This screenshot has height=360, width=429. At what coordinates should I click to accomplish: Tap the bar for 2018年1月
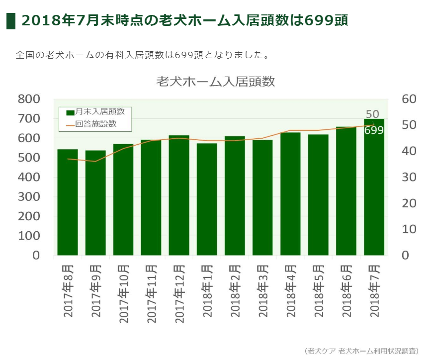click(207, 199)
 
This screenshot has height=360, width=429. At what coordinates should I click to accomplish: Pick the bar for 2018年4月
click(290, 194)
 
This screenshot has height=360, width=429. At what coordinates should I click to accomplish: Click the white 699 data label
click(373, 130)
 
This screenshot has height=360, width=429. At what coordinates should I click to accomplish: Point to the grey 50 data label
click(372, 114)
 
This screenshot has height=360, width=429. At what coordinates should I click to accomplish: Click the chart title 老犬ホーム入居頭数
click(215, 82)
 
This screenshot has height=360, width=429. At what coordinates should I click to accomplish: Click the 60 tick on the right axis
click(408, 99)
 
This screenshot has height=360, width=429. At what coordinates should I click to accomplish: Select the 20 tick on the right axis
click(408, 203)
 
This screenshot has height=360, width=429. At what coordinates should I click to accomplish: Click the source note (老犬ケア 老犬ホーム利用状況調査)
click(361, 351)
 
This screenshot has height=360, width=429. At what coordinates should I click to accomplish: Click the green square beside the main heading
click(11, 21)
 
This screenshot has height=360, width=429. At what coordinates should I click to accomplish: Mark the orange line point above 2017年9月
click(95, 161)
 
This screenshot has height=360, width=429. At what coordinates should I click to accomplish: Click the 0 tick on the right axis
click(405, 256)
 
